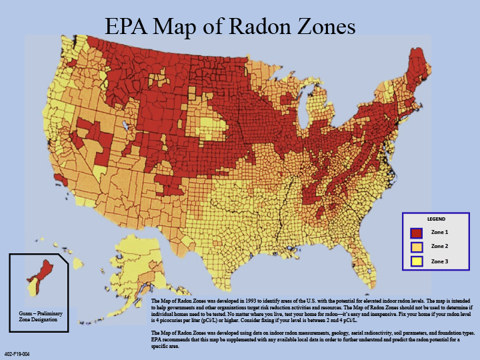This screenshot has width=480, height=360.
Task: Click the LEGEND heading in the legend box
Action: (x=436, y=219)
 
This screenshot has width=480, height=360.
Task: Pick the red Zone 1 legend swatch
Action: (x=416, y=233)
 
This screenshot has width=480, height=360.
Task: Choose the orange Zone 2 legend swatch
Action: (x=416, y=247)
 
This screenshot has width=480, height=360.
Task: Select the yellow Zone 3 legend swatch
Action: (x=416, y=261)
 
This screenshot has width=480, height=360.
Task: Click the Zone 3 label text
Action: (x=439, y=261)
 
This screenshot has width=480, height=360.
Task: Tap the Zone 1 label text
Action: (x=439, y=233)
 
